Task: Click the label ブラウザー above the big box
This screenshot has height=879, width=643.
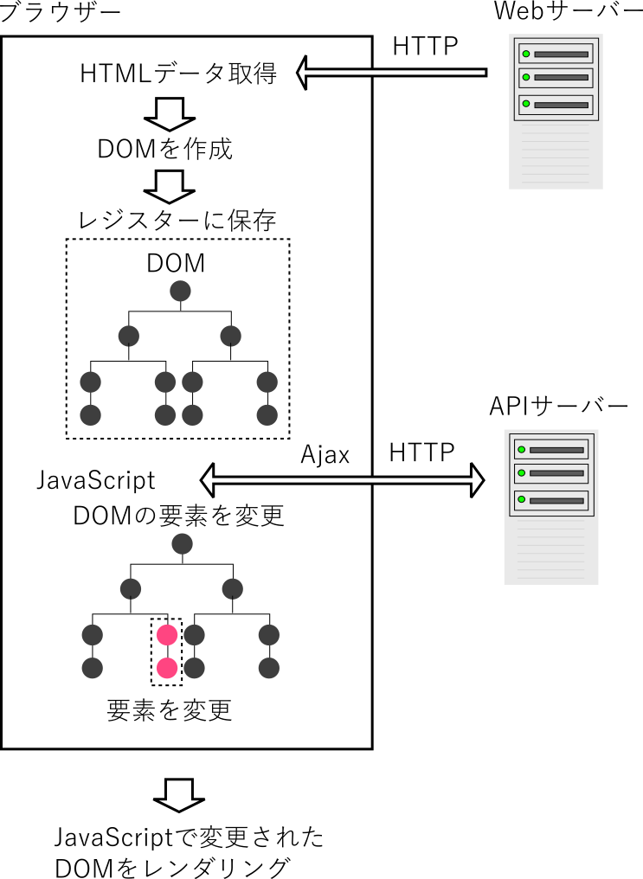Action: click(61, 13)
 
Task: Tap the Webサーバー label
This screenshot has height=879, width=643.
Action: click(568, 11)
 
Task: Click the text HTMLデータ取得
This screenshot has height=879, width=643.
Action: click(178, 75)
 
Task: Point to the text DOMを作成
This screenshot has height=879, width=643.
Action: click(164, 149)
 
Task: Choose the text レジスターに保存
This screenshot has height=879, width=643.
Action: click(177, 221)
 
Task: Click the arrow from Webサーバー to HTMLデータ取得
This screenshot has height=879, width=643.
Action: click(389, 73)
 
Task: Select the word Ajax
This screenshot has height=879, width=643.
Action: click(325, 454)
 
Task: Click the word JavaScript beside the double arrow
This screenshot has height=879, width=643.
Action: click(96, 480)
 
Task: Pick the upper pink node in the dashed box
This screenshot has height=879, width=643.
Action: click(167, 635)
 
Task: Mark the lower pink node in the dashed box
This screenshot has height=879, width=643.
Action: click(167, 668)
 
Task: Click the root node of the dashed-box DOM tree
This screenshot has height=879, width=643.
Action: click(180, 292)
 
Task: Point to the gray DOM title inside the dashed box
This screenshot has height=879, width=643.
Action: click(176, 264)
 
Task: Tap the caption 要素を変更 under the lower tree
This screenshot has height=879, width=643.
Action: click(170, 710)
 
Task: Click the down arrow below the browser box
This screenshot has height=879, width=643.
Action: click(180, 792)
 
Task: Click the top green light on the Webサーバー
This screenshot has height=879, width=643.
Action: click(525, 54)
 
